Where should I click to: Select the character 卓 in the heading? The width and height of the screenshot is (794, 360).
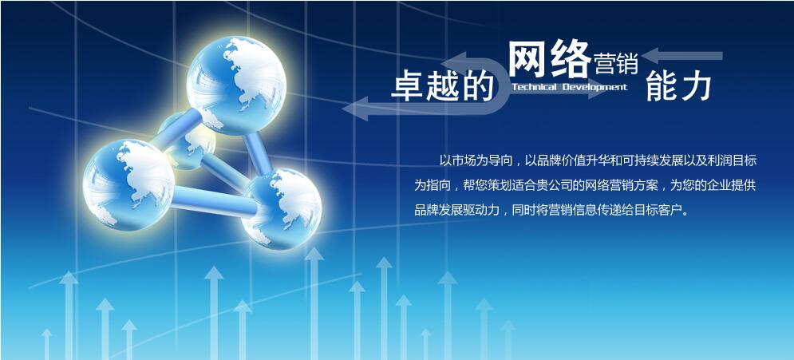[x=408, y=85]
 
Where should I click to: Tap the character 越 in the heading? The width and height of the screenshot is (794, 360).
[x=443, y=85]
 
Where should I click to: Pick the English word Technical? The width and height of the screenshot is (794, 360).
[x=534, y=87]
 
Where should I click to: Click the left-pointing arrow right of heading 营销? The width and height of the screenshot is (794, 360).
[x=682, y=56]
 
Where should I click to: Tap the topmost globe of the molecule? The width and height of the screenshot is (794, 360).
[x=236, y=85]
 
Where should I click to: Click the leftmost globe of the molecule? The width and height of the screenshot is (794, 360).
[x=128, y=185]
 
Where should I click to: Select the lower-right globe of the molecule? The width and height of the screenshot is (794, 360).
[x=282, y=208]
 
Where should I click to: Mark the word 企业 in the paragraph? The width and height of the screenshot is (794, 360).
[x=714, y=185]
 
